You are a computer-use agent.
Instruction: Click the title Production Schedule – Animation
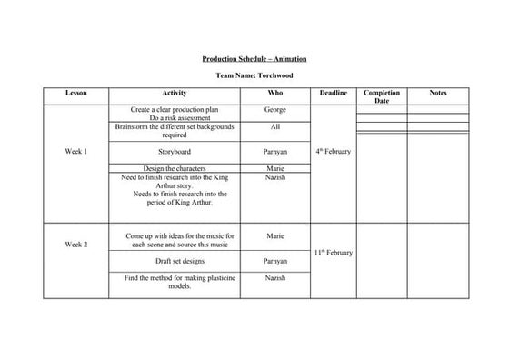[254, 59]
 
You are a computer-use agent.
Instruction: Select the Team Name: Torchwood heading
[254, 75]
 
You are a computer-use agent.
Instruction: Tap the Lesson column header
[76, 94]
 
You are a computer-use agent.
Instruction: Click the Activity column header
[175, 94]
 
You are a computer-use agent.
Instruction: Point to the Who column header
[275, 94]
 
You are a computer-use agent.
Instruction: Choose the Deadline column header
[334, 94]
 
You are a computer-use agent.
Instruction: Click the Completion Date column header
[382, 96]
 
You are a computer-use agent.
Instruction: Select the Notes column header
[438, 94]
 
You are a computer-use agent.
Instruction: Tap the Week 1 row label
[76, 151]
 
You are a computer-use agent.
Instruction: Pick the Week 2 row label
[76, 245]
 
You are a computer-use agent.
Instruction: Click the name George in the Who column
[275, 109]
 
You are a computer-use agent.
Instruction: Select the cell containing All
[275, 127]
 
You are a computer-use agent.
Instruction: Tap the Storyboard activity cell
[175, 151]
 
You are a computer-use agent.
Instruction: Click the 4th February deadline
[334, 152]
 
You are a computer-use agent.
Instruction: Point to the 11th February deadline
[334, 252]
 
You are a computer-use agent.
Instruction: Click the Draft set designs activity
[175, 261]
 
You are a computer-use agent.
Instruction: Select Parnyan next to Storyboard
[275, 151]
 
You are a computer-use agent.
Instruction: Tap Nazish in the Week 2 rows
[275, 277]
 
